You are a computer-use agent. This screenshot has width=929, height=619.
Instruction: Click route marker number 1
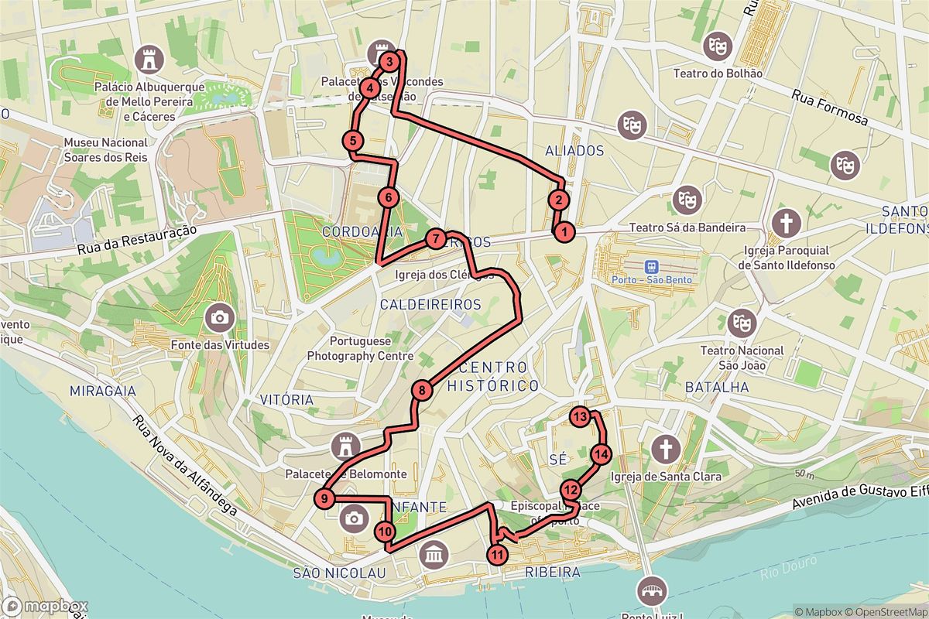(x=564, y=231)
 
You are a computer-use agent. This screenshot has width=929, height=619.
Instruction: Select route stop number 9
(x=324, y=499)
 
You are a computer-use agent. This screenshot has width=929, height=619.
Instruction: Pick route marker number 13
(x=581, y=418)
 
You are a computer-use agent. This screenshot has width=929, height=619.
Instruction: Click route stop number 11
(x=497, y=554)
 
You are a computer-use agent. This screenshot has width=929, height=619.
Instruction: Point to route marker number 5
(x=352, y=141)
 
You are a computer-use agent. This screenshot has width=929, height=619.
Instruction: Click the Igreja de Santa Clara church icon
(x=665, y=448)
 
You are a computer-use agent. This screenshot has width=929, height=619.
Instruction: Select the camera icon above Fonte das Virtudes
(x=220, y=316)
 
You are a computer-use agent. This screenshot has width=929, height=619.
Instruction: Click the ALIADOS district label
(x=574, y=150)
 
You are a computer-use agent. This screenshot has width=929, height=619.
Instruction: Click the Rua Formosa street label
(x=830, y=107)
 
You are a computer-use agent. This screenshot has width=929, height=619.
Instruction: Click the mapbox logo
(x=45, y=607)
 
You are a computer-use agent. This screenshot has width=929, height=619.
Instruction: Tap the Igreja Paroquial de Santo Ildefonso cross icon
(x=787, y=223)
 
